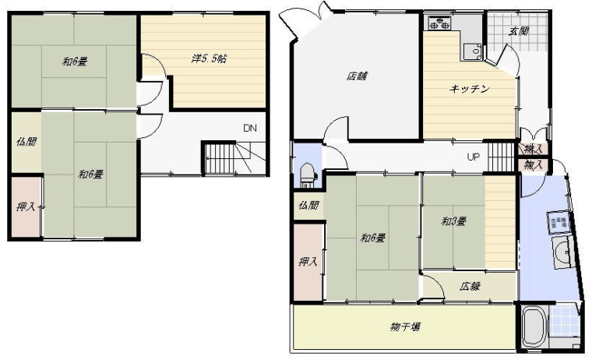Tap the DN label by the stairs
pyautogui.click(x=249, y=128)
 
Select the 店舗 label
pyautogui.click(x=357, y=76)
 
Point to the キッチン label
pyautogui.click(x=469, y=89)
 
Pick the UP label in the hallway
pyautogui.click(x=473, y=157)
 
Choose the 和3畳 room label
pyautogui.click(x=453, y=222)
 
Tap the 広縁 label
pyautogui.click(x=469, y=286)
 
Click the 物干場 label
pyautogui.click(x=405, y=326)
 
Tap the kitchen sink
pyautogui.click(x=470, y=51)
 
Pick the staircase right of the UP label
pyautogui.click(x=501, y=157)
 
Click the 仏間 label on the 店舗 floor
pyautogui.click(x=308, y=206)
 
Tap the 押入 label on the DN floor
pyautogui.click(x=26, y=206)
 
